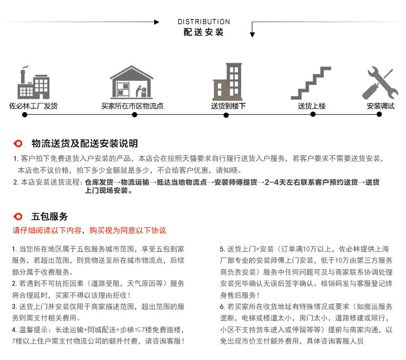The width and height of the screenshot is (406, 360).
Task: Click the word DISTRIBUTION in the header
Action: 204,22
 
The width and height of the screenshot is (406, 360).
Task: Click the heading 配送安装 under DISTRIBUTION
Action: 204,32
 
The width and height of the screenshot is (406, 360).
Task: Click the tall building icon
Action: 227,82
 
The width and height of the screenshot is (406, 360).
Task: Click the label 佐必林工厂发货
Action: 33,106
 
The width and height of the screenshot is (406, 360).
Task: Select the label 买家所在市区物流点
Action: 132,106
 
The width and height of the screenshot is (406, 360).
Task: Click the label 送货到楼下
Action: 228,106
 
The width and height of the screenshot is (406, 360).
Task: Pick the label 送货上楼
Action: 312,106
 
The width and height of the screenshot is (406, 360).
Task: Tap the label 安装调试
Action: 380,106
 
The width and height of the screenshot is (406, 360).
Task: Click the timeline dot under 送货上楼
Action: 313,115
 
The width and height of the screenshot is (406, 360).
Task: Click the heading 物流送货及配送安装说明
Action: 85,143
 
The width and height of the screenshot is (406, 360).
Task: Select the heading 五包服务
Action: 50,217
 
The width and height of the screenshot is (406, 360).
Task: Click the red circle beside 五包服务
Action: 18,217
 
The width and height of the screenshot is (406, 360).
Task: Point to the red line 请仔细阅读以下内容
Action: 89,230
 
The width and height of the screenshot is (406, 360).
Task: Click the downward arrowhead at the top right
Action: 252,34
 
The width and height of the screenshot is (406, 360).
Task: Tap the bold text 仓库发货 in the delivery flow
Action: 99,182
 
